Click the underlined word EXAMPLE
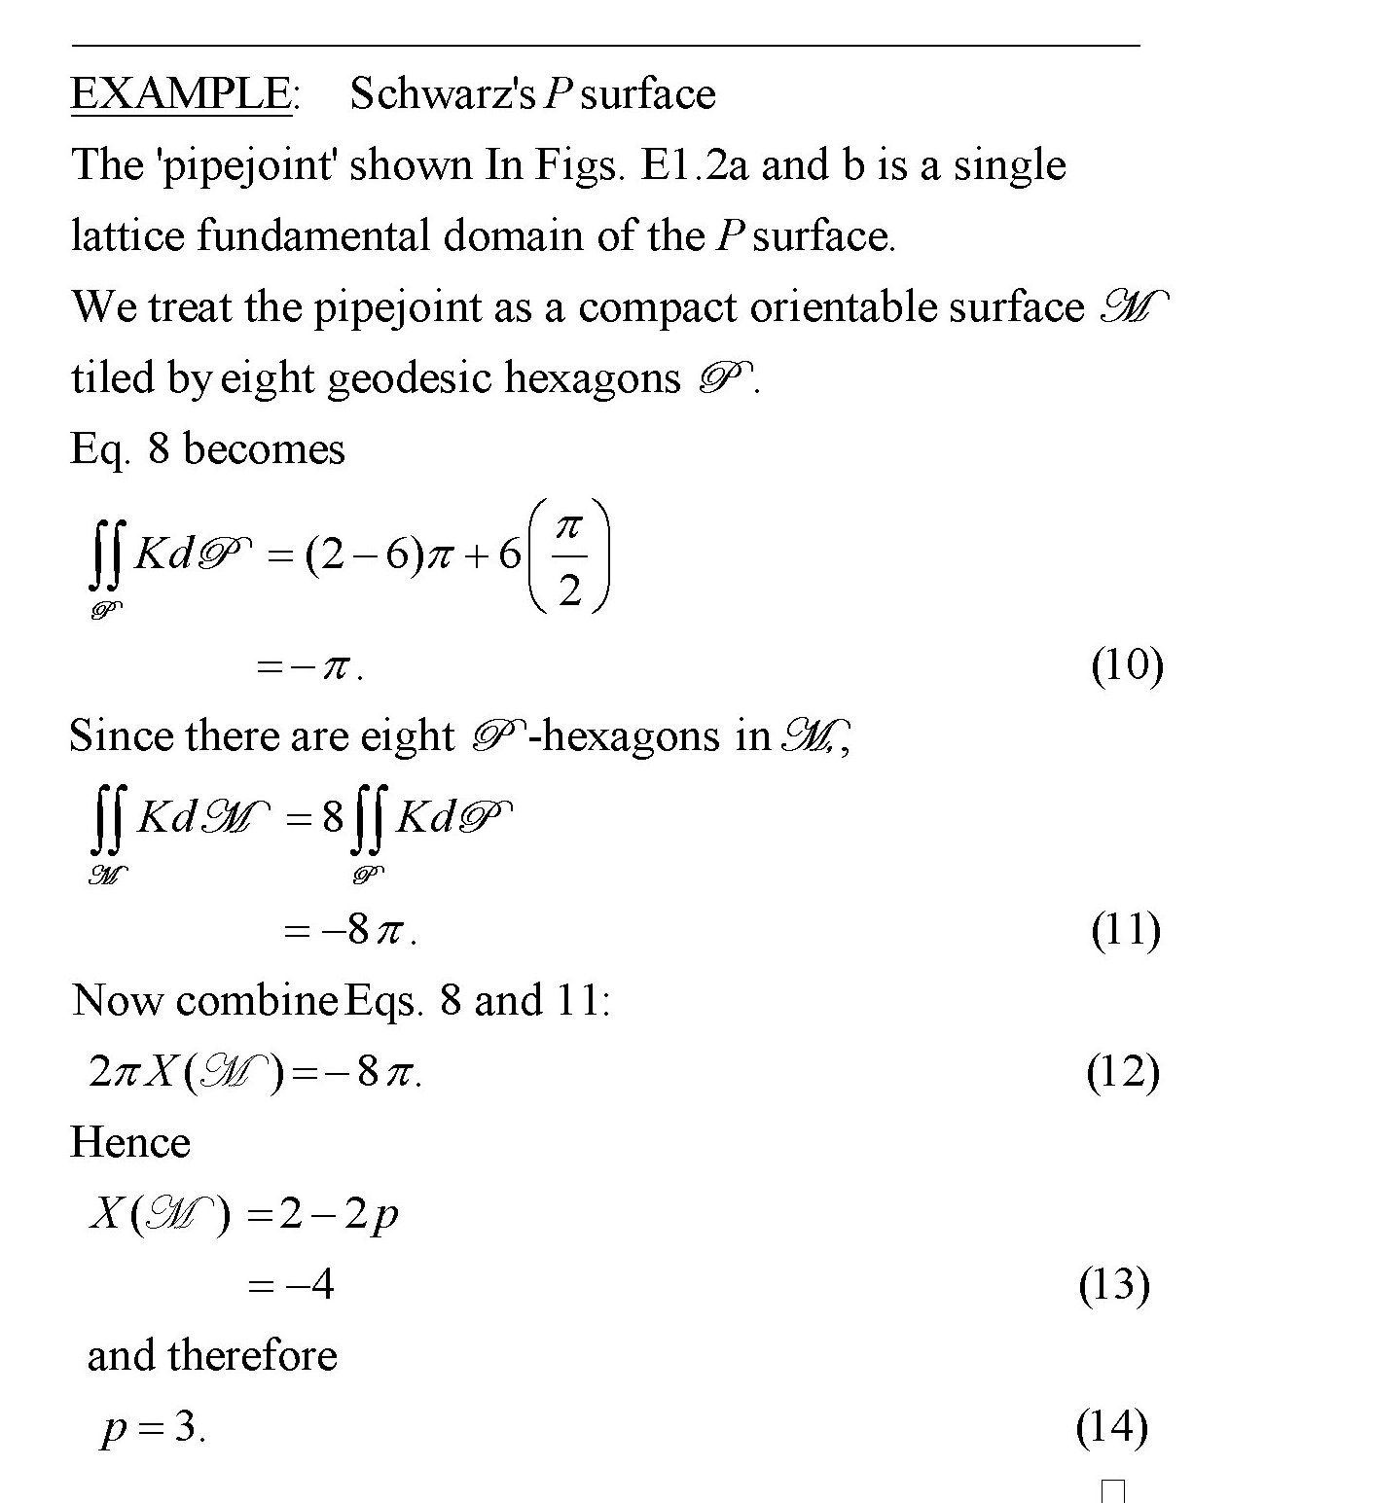[181, 94]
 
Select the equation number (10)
[1127, 666]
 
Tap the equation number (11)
[1126, 931]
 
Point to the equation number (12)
[1123, 1072]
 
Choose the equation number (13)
[1114, 1285]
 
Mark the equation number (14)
[1112, 1427]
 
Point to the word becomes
[264, 449]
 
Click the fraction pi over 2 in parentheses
[569, 557]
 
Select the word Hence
[130, 1143]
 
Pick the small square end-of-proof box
[1114, 1490]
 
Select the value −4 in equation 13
[309, 1286]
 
